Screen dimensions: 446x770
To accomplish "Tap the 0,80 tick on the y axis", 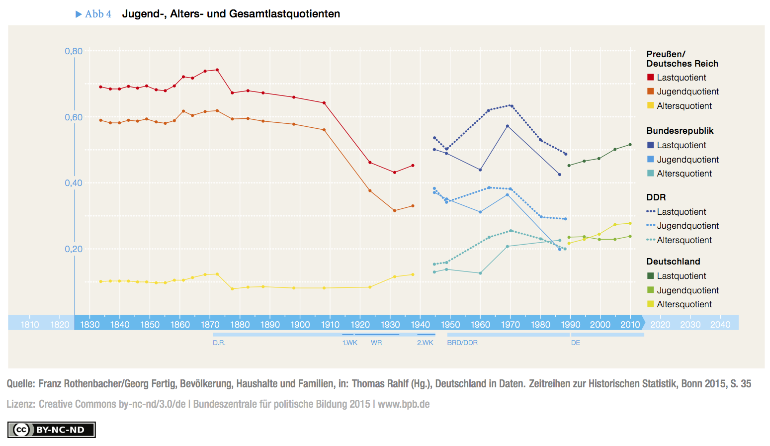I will tap(74, 51).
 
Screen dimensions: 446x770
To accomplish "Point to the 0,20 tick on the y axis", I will tap(74, 249).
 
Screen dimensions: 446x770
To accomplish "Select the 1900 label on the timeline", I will tap(300, 325).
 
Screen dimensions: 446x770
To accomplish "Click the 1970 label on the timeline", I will tap(510, 325).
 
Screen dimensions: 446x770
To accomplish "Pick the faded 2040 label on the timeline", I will tap(720, 325).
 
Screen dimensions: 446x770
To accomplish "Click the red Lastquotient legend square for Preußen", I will tap(650, 77).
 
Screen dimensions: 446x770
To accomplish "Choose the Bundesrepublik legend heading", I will tap(680, 131).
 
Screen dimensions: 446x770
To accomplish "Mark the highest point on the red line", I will tap(217, 70).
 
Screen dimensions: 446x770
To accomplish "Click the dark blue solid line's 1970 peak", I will tap(508, 126).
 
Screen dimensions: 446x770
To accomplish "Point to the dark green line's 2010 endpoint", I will tap(630, 145).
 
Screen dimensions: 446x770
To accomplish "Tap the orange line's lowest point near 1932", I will tap(395, 211).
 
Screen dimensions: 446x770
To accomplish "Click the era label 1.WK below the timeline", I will tap(349, 343).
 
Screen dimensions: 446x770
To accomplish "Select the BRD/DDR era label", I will tap(462, 343).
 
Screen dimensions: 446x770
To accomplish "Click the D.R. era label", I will tap(219, 343).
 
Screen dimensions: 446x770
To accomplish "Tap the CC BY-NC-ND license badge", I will tap(51, 430).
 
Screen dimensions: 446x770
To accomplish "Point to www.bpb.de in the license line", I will tap(403, 404).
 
